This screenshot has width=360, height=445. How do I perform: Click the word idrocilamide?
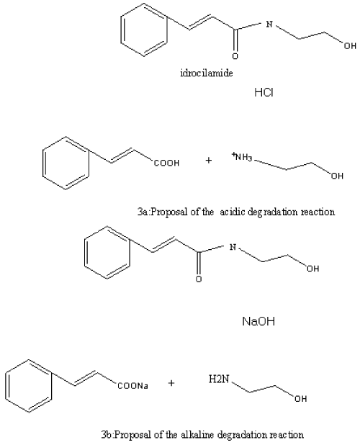coord(207,73)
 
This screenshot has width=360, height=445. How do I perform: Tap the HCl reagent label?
coord(264,92)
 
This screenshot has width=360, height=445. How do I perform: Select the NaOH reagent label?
coord(258,322)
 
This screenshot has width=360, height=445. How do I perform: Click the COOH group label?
coord(166,163)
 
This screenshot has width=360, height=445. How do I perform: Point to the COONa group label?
coord(133,386)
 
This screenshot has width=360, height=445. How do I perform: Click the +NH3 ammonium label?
coord(241,156)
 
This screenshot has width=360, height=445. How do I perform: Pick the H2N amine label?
coord(219,379)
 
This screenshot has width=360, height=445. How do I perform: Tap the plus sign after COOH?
coord(209,161)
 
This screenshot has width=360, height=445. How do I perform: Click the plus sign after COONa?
coord(171,383)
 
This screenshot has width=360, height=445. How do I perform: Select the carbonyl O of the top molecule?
coord(235,56)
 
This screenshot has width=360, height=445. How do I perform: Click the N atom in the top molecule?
coord(269,24)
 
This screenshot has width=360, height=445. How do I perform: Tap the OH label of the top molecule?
coord(350,45)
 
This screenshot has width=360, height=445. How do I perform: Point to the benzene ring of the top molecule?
coord(143,30)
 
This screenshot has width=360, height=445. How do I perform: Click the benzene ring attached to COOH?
coord(66,163)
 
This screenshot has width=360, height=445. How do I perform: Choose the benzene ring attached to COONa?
coord(28,386)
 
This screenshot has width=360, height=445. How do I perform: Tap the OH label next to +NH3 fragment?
coord(337,176)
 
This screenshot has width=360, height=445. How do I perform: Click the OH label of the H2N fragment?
coord(300,399)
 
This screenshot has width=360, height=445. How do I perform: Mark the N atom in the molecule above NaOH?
coord(233,247)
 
